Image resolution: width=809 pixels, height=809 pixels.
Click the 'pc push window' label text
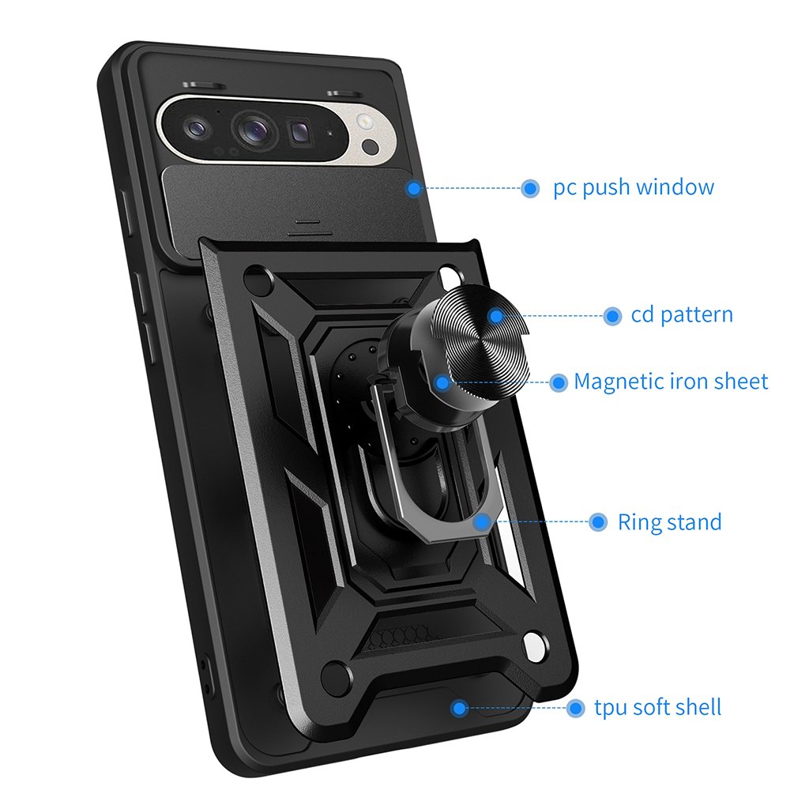click(633, 188)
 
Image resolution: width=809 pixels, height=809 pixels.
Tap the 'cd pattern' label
click(681, 315)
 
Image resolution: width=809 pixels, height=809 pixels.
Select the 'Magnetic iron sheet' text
click(670, 382)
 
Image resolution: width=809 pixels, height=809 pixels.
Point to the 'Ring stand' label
click(669, 522)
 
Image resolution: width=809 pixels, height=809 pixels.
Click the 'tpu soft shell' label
click(657, 707)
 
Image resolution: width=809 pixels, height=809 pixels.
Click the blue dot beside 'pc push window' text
click(530, 188)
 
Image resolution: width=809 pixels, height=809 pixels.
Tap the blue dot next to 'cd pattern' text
click(611, 316)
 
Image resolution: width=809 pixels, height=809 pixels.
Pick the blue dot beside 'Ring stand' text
click(598, 522)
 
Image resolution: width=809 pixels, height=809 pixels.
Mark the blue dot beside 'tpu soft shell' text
click(575, 708)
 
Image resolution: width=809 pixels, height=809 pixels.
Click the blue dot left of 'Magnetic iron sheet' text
click(559, 383)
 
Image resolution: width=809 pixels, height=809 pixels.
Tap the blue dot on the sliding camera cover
click(413, 188)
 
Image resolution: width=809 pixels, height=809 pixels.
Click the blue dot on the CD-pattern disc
click(495, 316)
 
